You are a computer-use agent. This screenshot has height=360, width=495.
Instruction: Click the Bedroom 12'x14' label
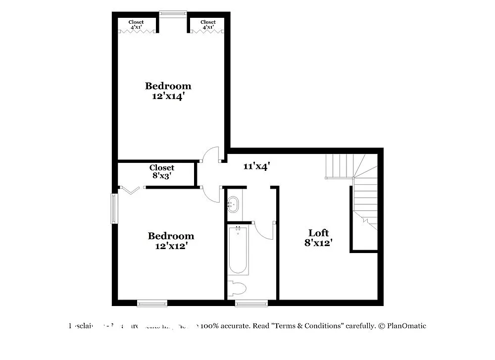(x=168, y=91)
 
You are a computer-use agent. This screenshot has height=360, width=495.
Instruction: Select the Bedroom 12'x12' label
(x=171, y=241)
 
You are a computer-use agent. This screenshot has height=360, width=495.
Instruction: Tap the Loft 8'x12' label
(x=318, y=238)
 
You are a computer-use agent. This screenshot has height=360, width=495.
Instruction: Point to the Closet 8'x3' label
(x=162, y=171)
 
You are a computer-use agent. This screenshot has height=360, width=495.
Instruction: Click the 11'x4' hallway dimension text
(x=256, y=167)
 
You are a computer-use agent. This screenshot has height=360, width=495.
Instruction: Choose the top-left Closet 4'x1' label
(x=136, y=24)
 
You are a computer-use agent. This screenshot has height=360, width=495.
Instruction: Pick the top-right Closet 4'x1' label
(x=208, y=24)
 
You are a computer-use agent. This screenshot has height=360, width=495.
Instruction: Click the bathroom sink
(x=233, y=204)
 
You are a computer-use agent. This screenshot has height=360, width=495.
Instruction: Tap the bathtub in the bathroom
(x=238, y=250)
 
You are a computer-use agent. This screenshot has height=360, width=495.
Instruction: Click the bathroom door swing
(x=264, y=230)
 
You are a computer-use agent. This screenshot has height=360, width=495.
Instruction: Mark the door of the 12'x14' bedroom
(x=211, y=154)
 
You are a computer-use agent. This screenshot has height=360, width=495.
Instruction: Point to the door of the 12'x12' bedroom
(x=212, y=194)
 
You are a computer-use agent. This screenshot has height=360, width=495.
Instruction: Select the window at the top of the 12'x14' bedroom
(x=173, y=14)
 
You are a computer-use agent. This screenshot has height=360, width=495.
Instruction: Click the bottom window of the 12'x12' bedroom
(x=152, y=303)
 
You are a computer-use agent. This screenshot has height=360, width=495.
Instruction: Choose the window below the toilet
(x=251, y=303)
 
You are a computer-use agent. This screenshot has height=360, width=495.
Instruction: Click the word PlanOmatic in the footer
(x=406, y=326)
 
